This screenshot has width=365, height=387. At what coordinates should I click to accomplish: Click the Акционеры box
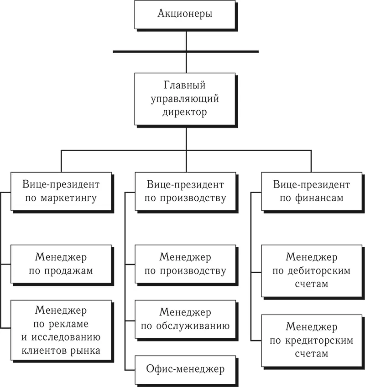[185, 14]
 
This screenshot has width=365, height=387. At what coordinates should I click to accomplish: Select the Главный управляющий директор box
[185, 98]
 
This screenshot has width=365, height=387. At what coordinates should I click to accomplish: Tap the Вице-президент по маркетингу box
[61, 191]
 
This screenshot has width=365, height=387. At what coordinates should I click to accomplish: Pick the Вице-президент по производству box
[185, 191]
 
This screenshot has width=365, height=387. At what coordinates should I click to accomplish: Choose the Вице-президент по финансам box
[311, 191]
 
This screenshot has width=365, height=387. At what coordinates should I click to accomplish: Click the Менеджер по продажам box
[61, 264]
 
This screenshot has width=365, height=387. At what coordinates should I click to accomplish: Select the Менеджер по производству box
[185, 264]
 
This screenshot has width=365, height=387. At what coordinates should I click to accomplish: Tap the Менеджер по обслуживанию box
[185, 319]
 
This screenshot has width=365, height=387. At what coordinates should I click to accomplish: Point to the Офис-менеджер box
[185, 368]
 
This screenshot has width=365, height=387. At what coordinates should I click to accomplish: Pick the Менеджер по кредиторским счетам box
[311, 340]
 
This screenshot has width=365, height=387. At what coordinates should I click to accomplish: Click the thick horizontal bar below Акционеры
[185, 51]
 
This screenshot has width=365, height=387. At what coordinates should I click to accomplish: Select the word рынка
[87, 351]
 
